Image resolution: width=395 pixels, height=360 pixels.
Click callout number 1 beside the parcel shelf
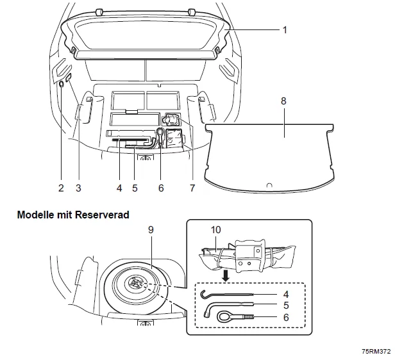285,29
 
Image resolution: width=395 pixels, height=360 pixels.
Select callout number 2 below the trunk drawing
61,188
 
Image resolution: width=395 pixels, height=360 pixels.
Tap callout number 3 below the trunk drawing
78,188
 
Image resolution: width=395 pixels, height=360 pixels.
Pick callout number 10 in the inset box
216,229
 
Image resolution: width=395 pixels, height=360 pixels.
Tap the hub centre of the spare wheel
136,282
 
